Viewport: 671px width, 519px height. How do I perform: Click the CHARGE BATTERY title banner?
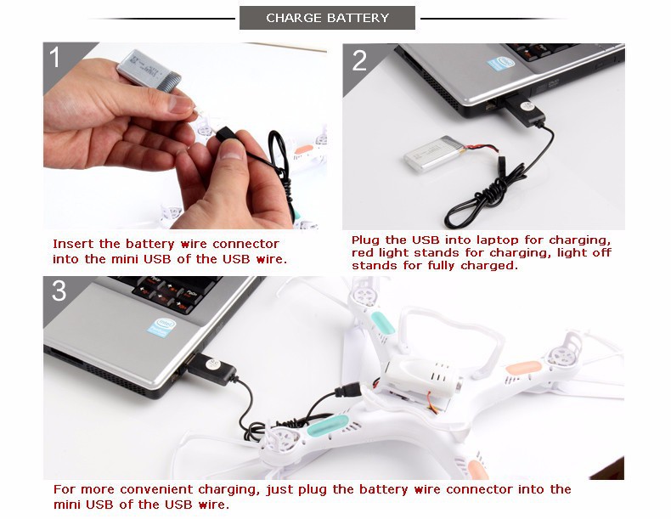click(x=327, y=18)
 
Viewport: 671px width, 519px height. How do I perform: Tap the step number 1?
click(x=54, y=57)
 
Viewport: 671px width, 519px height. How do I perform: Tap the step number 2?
click(x=359, y=60)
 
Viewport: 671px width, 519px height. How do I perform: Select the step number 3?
click(x=59, y=291)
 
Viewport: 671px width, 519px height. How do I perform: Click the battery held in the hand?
click(x=149, y=71)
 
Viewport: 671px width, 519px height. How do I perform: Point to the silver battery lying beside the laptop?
click(x=435, y=154)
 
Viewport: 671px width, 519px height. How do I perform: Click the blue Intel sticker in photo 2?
click(x=500, y=64)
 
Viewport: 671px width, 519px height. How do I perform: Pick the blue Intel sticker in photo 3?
click(x=161, y=327)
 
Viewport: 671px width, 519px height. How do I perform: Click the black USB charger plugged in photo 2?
click(x=524, y=110)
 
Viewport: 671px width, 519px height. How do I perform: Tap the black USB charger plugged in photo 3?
click(x=211, y=368)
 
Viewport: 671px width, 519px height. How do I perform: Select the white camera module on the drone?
click(x=421, y=376)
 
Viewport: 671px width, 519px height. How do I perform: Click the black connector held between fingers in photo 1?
click(x=225, y=133)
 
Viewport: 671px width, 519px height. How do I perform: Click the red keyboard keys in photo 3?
click(x=166, y=295)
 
